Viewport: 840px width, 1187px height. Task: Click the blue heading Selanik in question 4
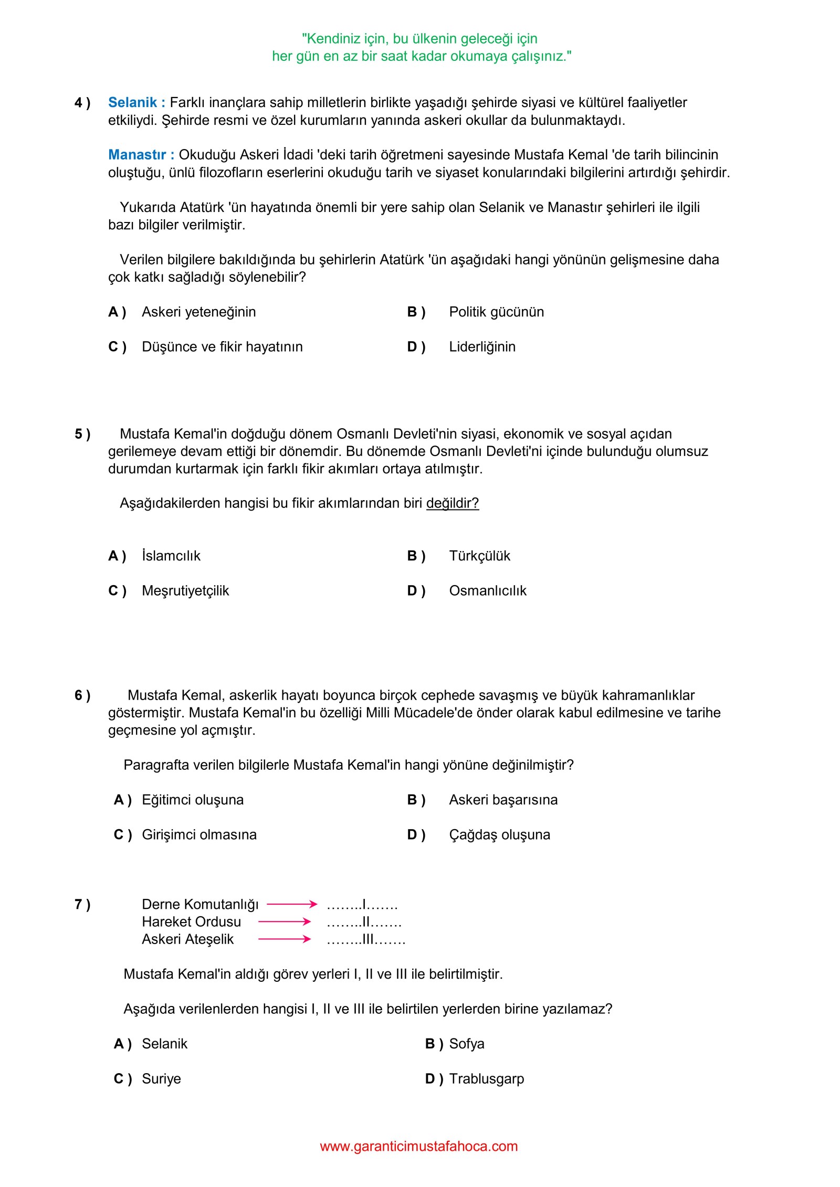coord(132,102)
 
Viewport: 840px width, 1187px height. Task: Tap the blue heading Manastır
coord(137,155)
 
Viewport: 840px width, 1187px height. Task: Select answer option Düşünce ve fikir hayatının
coord(222,347)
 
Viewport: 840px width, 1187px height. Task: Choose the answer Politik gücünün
coord(496,312)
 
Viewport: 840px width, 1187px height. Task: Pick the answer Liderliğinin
coord(482,347)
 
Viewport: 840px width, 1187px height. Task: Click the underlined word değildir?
coord(452,503)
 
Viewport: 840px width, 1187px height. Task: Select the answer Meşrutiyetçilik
coord(185,591)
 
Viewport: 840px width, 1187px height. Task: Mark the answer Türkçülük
coord(479,556)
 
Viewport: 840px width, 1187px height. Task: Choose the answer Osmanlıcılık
coord(487,591)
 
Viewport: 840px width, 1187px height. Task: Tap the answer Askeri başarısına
coord(503,800)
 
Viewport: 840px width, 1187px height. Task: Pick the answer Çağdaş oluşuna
coord(499,835)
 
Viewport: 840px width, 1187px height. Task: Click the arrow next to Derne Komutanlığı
coord(292,904)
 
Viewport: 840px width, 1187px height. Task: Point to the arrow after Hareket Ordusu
coord(285,921)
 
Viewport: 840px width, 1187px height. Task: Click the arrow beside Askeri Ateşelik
coord(285,939)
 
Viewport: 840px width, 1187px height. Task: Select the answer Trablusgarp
coord(486,1079)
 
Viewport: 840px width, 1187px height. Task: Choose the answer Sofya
coord(466,1044)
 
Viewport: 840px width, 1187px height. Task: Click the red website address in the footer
coord(418,1146)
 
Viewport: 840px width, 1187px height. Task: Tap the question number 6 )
coord(82,696)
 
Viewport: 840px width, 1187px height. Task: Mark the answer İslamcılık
coord(171,556)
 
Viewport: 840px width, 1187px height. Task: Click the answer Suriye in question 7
coord(161,1079)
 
